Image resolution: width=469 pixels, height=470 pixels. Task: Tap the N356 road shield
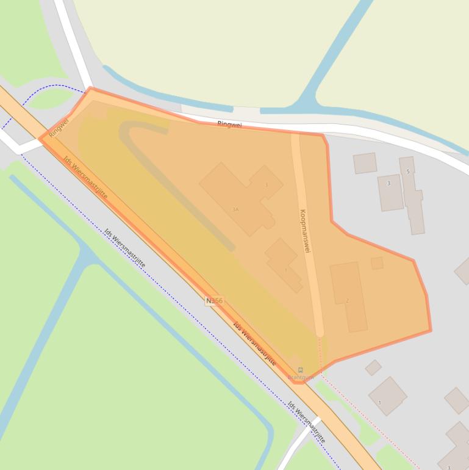tap(214, 301)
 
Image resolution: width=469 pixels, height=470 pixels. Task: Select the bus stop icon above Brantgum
tap(300, 370)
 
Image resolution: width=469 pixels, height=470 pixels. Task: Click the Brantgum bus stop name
tap(300, 377)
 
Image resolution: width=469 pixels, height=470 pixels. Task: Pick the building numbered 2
tap(349, 297)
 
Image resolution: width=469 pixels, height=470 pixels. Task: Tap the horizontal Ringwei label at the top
tap(229, 125)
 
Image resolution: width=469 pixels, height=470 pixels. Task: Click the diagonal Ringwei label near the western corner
tap(59, 127)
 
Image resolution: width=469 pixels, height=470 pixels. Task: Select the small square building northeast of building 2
tap(377, 263)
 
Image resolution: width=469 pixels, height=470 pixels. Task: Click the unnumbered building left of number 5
tap(365, 163)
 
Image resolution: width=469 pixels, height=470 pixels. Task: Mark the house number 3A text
tap(235, 209)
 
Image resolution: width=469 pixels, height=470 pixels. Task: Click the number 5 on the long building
tap(408, 172)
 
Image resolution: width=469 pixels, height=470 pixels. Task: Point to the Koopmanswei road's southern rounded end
tap(320, 332)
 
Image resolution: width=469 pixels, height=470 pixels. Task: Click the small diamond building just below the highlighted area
tap(373, 367)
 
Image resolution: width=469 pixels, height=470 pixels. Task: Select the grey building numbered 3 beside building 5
tap(390, 192)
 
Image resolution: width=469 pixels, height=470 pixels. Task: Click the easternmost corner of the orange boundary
tap(431, 331)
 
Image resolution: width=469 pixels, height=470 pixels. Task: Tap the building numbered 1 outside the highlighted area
tap(387, 396)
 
